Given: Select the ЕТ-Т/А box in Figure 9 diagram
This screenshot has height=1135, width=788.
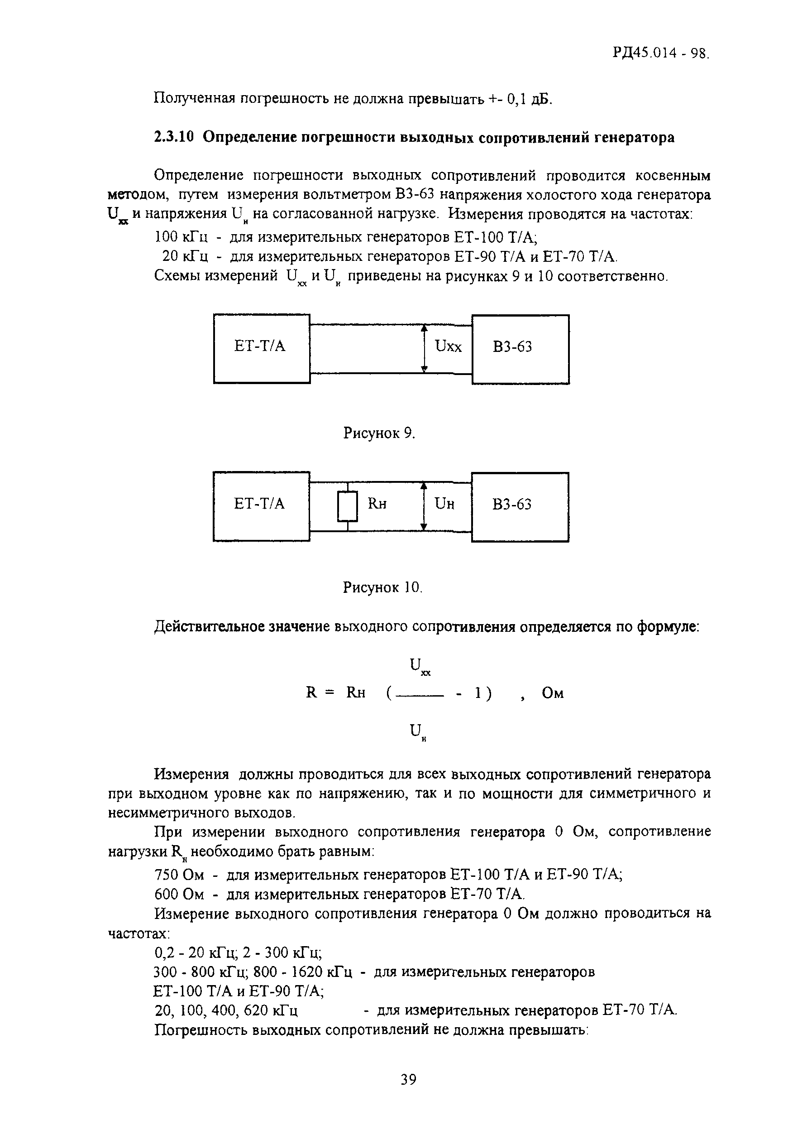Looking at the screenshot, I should pyautogui.click(x=262, y=349).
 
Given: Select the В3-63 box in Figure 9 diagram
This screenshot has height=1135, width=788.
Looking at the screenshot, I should pyautogui.click(x=521, y=349).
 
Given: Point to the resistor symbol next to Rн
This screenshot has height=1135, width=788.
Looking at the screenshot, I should pyautogui.click(x=347, y=506).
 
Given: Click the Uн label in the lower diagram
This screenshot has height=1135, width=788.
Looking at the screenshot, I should pyautogui.click(x=444, y=504).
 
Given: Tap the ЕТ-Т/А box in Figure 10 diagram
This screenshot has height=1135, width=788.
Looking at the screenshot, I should pyautogui.click(x=261, y=506).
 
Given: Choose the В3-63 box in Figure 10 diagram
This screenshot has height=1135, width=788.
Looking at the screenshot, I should pyautogui.click(x=520, y=507).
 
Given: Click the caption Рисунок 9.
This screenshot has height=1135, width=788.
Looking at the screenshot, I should pyautogui.click(x=379, y=433).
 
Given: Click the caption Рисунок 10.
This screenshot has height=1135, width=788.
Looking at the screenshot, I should pyautogui.click(x=382, y=587).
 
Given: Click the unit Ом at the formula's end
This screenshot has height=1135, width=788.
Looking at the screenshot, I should pyautogui.click(x=553, y=693).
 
